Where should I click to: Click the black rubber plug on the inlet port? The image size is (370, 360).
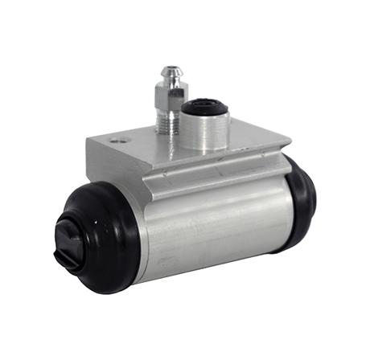click(x=205, y=107)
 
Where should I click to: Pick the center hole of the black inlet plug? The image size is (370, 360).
click(x=205, y=104)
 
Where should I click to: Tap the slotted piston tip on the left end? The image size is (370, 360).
click(x=68, y=241)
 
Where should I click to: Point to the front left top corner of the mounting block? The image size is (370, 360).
click(x=88, y=141)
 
